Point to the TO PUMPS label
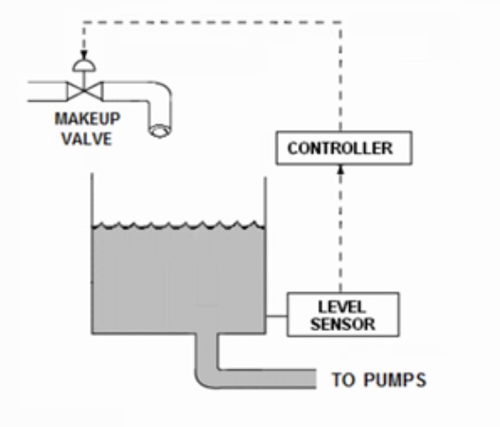coord(378,381)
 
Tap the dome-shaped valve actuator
coord(84,65)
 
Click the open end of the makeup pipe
coord(159,131)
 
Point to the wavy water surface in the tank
coord(176,226)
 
